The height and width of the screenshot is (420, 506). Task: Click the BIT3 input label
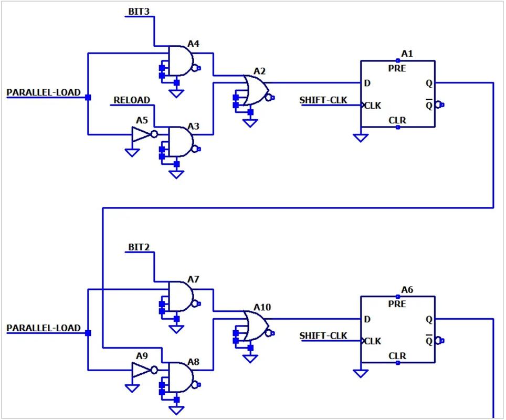(x=139, y=12)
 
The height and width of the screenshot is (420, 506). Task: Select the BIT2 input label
(x=139, y=247)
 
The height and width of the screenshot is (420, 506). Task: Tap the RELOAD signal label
(x=132, y=100)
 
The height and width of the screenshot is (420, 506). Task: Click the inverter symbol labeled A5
(x=144, y=134)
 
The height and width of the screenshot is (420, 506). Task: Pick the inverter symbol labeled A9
(x=144, y=370)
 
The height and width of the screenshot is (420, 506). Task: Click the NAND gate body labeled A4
(x=181, y=61)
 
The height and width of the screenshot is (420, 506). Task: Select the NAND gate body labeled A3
(x=181, y=142)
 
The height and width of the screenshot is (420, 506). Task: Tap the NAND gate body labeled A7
(x=181, y=296)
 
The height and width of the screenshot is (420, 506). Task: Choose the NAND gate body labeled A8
(x=181, y=377)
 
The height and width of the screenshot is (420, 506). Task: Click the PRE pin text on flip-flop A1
(x=397, y=68)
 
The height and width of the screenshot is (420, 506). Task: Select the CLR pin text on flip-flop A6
(x=397, y=356)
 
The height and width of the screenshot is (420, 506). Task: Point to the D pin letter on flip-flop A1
(x=367, y=83)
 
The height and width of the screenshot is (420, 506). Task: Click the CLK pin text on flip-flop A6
(x=373, y=341)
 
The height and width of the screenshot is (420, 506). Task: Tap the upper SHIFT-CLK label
(x=323, y=100)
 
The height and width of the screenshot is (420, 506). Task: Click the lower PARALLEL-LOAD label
(x=44, y=328)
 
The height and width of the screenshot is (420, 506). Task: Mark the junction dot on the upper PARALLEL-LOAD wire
(x=88, y=97)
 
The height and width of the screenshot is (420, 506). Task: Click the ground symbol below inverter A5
(x=132, y=152)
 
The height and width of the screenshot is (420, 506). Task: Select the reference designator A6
(x=407, y=290)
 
